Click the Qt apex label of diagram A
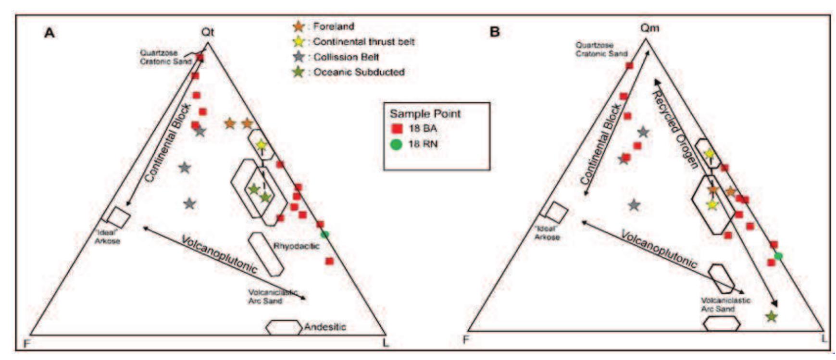[x=208, y=32]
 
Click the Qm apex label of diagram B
[x=650, y=28]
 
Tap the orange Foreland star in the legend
[x=299, y=26]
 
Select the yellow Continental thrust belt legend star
[x=299, y=42]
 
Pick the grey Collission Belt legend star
[x=299, y=57]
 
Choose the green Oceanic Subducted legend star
[x=299, y=72]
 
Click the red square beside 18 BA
[x=397, y=129]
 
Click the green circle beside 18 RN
[x=396, y=144]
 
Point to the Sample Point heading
[x=425, y=114]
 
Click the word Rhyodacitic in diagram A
[x=297, y=246]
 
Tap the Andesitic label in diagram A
[x=324, y=327]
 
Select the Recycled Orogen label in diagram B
[x=674, y=130]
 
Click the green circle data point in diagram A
[x=325, y=234]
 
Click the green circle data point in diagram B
[x=778, y=256]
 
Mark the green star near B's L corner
[x=771, y=316]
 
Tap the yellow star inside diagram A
[x=261, y=144]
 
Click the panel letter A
[x=49, y=33]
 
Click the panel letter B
[x=495, y=32]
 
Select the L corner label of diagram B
[x=824, y=338]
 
